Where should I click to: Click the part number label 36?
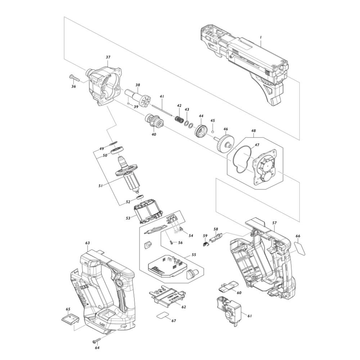click(x=73, y=86)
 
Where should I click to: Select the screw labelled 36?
click(x=75, y=78)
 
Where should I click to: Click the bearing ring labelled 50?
click(x=118, y=150)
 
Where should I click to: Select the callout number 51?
click(x=100, y=185)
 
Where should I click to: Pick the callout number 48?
click(x=253, y=130)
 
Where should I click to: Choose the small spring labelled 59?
click(x=206, y=243)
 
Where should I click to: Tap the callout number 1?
click(x=261, y=37)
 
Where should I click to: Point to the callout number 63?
click(x=87, y=243)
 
